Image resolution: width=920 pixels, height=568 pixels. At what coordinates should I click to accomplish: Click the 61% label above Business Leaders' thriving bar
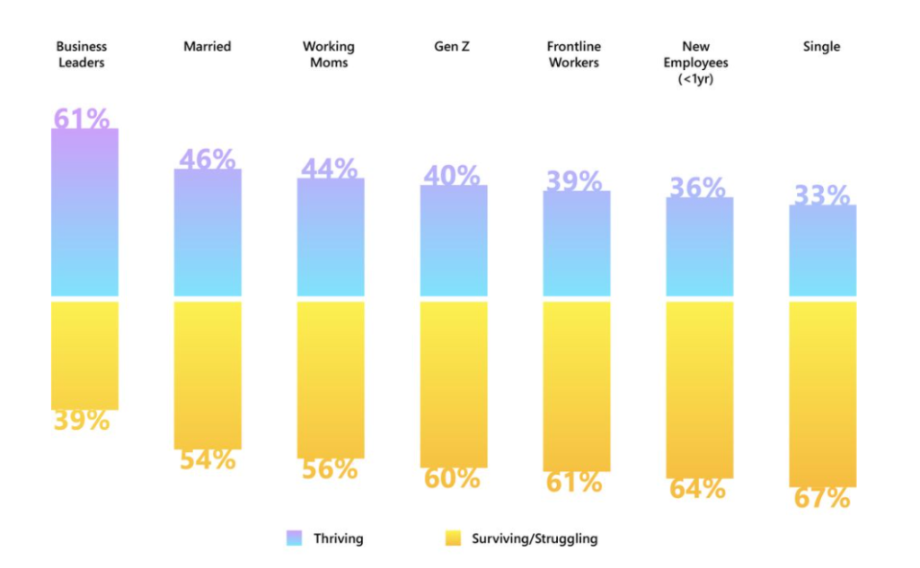[x=82, y=118]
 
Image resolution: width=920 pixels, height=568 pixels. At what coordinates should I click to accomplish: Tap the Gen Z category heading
[x=453, y=47]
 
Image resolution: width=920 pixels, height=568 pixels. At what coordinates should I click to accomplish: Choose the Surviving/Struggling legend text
[x=534, y=538]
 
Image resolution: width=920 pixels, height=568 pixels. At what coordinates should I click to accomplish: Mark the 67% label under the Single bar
[x=822, y=499]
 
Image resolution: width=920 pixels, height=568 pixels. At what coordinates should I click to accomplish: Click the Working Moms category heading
[x=329, y=55]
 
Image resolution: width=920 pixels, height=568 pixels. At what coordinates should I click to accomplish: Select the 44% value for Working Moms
[x=329, y=169]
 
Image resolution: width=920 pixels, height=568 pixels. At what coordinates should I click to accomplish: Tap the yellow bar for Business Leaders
[x=84, y=354]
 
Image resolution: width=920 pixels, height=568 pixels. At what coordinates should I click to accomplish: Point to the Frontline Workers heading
[x=574, y=55]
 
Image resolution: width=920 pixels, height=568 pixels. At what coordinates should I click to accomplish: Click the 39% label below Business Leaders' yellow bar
[x=82, y=420]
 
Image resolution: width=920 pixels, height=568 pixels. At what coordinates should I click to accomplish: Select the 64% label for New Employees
[x=698, y=489]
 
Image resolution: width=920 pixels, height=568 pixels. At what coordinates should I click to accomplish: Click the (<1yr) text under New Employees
[x=699, y=79]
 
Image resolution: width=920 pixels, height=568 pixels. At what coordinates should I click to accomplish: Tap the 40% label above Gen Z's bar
[x=452, y=176]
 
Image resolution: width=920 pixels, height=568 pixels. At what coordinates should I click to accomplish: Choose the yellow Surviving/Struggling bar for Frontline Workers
[x=576, y=386]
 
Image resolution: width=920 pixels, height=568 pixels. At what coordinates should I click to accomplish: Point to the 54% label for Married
[x=208, y=459]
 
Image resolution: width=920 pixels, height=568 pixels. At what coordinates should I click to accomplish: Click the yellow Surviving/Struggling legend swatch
[x=453, y=538]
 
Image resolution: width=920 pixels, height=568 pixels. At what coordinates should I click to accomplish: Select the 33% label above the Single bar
[x=822, y=195]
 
